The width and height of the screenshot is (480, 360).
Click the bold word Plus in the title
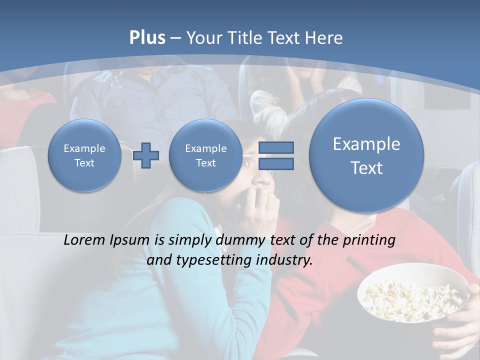[147, 38]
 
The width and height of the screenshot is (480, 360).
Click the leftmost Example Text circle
[84, 155]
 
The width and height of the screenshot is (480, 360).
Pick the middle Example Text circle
[205, 155]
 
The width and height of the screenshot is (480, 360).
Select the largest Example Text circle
[366, 155]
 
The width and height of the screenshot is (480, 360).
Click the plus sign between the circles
[146, 155]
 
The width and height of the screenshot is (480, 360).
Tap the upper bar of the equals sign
[275, 147]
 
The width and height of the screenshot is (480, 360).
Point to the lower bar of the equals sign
[275, 164]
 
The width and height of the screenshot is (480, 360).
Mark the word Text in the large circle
[366, 168]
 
